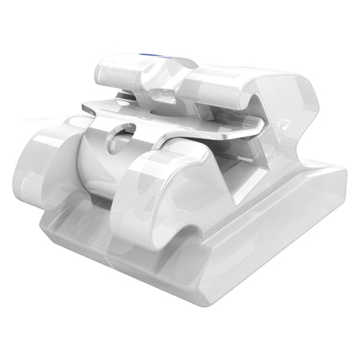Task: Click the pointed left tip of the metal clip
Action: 84,107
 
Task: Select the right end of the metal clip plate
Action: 255,130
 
